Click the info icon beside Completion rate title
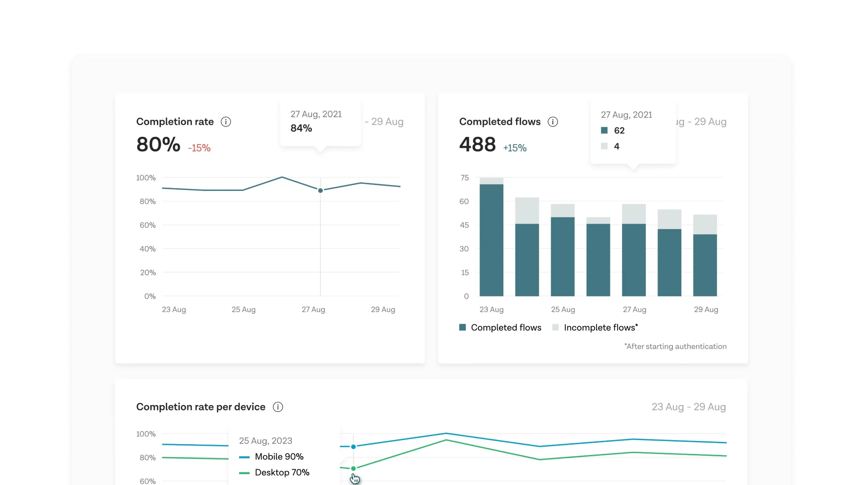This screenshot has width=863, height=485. (226, 122)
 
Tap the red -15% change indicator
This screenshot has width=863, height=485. (199, 148)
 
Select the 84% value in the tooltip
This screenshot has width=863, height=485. (301, 128)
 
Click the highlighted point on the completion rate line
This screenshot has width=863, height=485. (320, 190)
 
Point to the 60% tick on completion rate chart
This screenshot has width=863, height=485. (147, 225)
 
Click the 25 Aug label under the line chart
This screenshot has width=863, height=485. (243, 309)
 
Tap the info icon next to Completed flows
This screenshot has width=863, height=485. (553, 122)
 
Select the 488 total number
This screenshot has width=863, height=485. (477, 145)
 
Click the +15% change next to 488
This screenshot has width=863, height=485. (515, 148)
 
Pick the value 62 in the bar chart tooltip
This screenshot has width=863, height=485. (619, 131)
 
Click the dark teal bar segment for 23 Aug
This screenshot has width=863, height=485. (491, 240)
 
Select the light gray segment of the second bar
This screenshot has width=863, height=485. (527, 211)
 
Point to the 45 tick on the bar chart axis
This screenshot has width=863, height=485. (464, 225)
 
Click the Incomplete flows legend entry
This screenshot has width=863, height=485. (601, 328)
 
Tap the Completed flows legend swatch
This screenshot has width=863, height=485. (463, 327)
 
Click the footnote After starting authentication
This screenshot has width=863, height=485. (675, 346)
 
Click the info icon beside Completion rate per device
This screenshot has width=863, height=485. (278, 407)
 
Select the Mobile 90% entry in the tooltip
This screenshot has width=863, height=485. (279, 457)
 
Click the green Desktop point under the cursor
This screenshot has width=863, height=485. (353, 468)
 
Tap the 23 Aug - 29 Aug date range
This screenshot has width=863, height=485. (689, 407)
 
